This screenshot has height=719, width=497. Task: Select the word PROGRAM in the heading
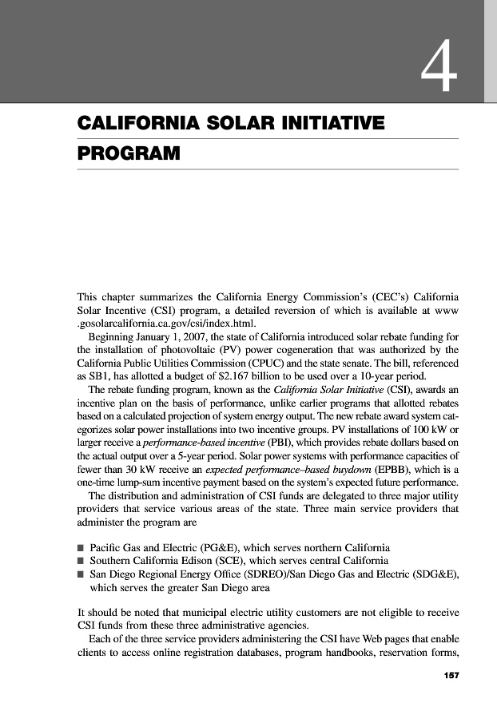pyautogui.click(x=128, y=152)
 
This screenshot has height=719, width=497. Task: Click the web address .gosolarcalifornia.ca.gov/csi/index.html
pyautogui.click(x=165, y=320)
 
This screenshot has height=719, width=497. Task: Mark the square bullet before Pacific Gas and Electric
pyautogui.click(x=81, y=548)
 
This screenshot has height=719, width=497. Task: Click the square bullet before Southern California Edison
pyautogui.click(x=81, y=562)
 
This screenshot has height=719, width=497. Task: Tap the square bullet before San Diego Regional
pyautogui.click(x=81, y=574)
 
